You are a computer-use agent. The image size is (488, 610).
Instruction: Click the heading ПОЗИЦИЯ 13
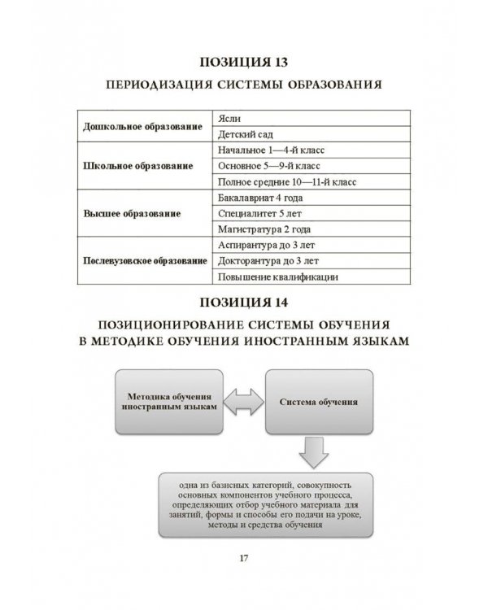(x=244, y=62)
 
